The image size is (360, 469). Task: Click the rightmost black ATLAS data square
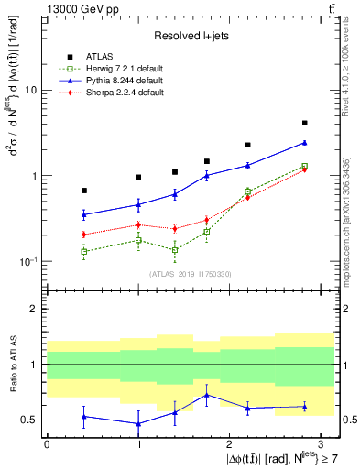(304, 123)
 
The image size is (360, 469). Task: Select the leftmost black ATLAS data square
(84, 191)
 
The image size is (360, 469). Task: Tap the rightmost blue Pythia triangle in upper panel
(304, 142)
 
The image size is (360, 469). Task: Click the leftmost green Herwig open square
(84, 251)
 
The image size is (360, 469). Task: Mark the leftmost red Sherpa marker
(84, 234)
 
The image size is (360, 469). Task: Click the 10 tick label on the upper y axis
(30, 91)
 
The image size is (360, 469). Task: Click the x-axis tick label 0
(47, 443)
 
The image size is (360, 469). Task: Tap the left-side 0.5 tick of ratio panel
(30, 420)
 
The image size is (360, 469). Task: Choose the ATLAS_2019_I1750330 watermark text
(190, 274)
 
